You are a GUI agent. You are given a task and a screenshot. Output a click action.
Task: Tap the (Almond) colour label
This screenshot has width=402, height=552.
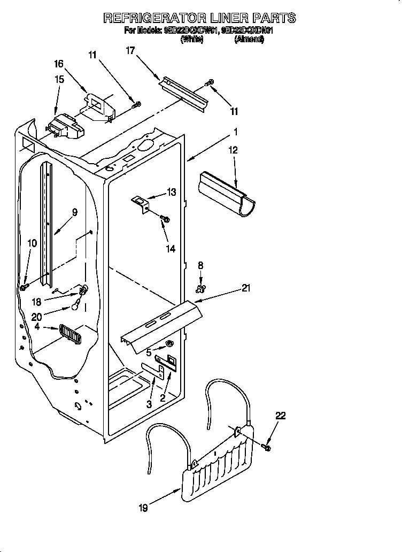tap(249, 40)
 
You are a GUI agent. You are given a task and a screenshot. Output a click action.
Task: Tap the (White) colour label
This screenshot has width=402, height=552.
tap(192, 40)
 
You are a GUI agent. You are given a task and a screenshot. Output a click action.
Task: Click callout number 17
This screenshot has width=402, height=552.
tap(130, 51)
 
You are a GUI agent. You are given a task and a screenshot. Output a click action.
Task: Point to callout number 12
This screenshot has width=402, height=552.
tap(233, 150)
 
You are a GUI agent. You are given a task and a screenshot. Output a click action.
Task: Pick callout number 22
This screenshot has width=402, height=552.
tap(281, 415)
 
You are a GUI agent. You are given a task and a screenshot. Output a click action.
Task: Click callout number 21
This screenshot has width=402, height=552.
tap(246, 288)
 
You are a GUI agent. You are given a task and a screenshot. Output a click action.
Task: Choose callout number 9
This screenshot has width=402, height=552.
tap(74, 212)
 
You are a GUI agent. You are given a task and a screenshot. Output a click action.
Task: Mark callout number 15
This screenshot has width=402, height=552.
tap(59, 79)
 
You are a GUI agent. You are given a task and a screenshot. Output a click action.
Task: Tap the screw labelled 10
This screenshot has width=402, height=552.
tap(24, 287)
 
